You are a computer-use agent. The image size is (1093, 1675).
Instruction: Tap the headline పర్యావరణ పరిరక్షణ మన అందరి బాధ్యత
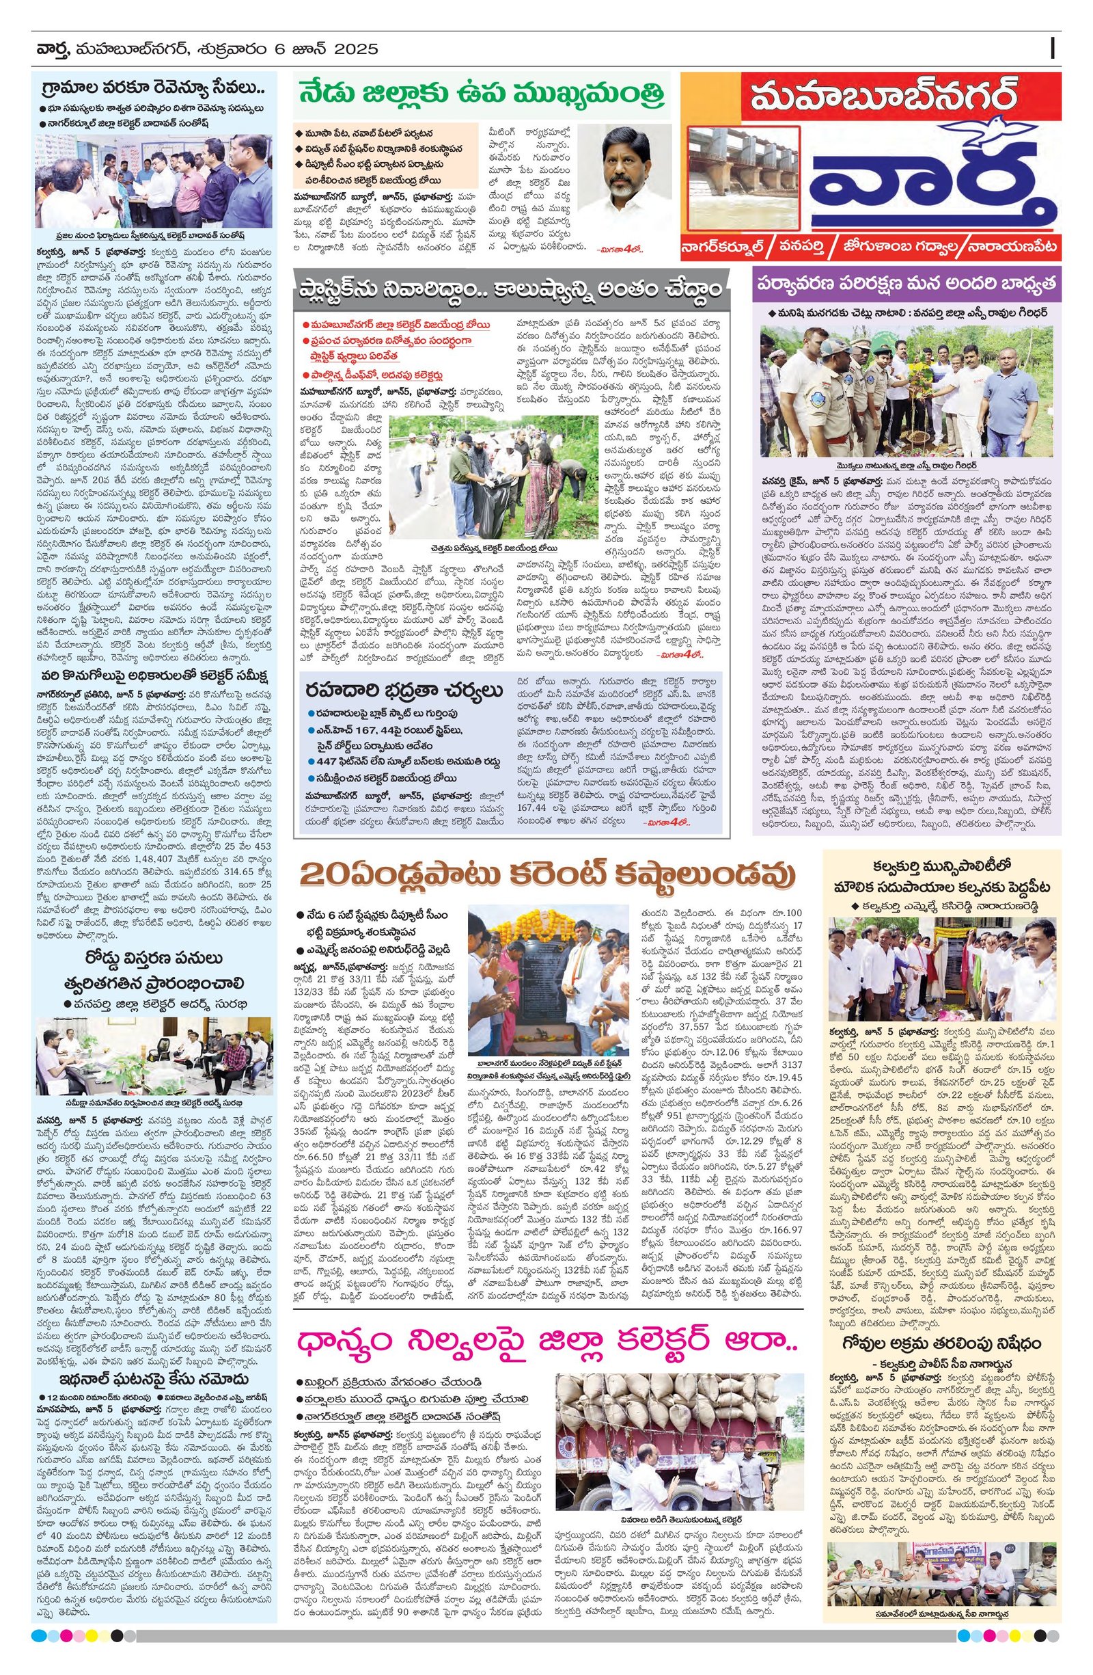click(906, 284)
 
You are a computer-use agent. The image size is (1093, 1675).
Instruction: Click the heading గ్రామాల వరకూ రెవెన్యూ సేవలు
click(152, 90)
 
